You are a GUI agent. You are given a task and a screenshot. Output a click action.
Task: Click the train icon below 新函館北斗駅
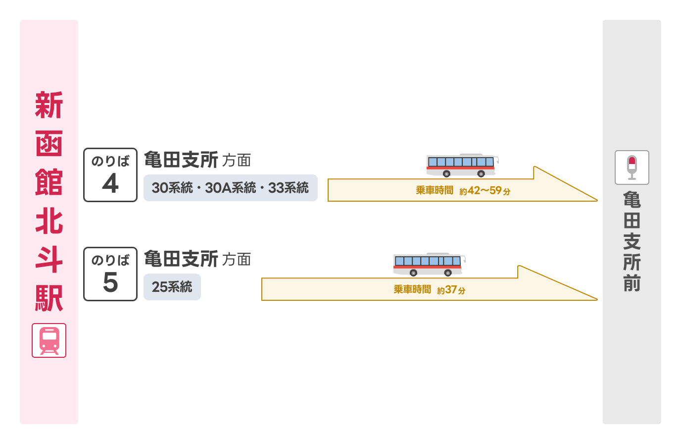tap(49, 340)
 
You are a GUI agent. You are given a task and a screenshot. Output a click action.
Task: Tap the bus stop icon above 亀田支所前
tap(632, 167)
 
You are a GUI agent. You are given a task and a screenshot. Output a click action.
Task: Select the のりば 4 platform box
tap(110, 175)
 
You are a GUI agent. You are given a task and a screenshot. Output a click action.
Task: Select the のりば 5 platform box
tap(110, 274)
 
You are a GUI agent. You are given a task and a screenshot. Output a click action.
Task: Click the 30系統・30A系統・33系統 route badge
tap(230, 188)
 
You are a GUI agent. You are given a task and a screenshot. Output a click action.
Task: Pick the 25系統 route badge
tap(172, 287)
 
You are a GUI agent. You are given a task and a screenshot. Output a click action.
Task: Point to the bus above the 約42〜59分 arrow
tap(462, 165)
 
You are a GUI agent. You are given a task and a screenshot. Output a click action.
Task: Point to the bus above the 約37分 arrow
tap(429, 264)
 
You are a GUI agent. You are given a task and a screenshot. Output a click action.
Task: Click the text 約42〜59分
tap(485, 191)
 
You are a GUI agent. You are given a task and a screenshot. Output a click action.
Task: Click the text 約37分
tap(451, 290)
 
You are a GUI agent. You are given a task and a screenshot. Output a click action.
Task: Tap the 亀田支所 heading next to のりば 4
tap(181, 160)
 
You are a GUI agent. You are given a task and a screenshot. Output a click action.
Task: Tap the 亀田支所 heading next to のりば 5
tap(181, 259)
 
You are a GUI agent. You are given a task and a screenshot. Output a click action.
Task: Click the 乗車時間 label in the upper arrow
tap(434, 190)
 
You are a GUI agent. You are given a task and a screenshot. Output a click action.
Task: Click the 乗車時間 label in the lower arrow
tap(412, 289)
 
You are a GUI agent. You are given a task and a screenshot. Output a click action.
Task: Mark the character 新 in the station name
tap(49, 105)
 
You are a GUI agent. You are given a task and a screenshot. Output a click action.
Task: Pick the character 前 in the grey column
tap(632, 283)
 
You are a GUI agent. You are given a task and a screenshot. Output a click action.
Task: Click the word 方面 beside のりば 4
tap(237, 161)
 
